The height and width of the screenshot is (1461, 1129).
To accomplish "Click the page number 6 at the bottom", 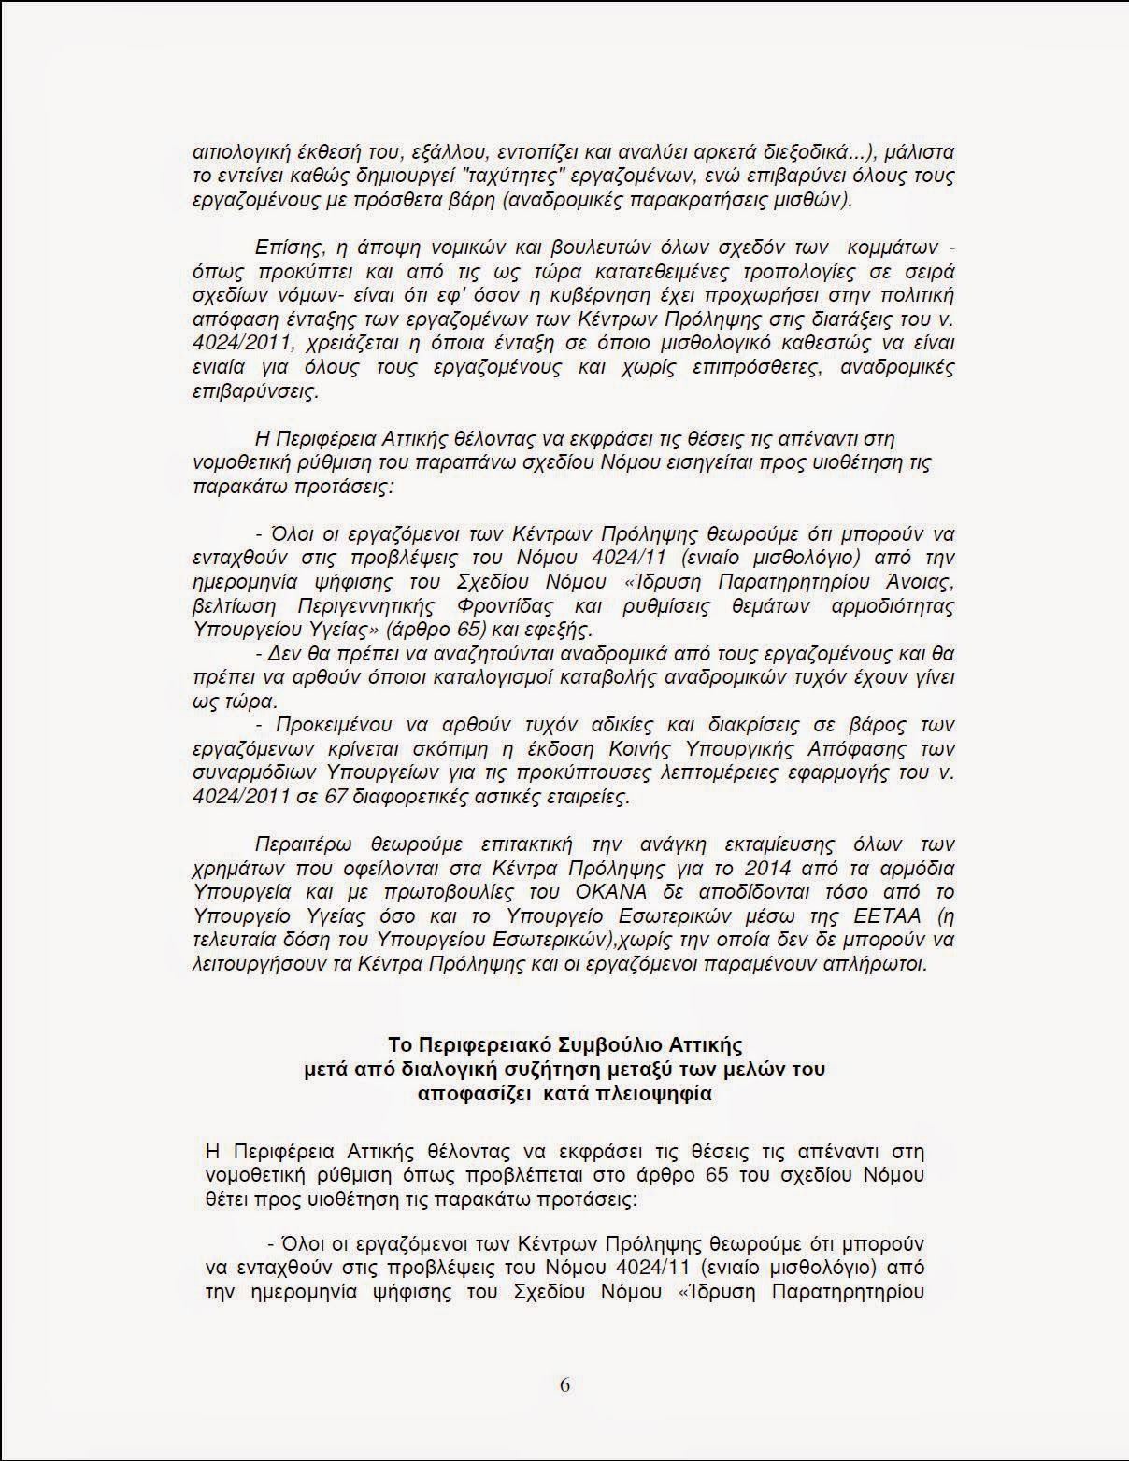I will pos(564,1384).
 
